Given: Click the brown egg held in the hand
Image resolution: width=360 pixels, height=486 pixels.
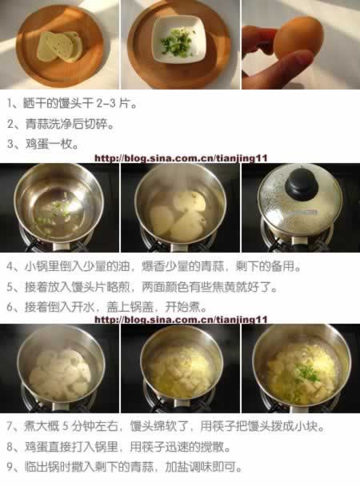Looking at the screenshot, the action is [298, 38].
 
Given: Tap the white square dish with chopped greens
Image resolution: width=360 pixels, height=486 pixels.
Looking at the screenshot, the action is [180, 39].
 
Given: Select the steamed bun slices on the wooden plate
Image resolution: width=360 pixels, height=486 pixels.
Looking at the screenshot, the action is [60, 46].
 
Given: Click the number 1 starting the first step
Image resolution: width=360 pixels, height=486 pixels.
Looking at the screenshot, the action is [10, 104].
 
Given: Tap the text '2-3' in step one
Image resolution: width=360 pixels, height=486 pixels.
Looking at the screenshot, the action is [106, 104].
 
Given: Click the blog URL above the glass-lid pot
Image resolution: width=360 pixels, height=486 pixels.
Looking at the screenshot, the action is [181, 158].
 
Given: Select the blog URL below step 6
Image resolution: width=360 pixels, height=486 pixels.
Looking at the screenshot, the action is [181, 320].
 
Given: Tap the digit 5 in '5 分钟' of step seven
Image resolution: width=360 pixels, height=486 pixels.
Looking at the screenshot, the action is [65, 427].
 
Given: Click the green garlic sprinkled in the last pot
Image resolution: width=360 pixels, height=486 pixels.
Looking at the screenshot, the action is [307, 373].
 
